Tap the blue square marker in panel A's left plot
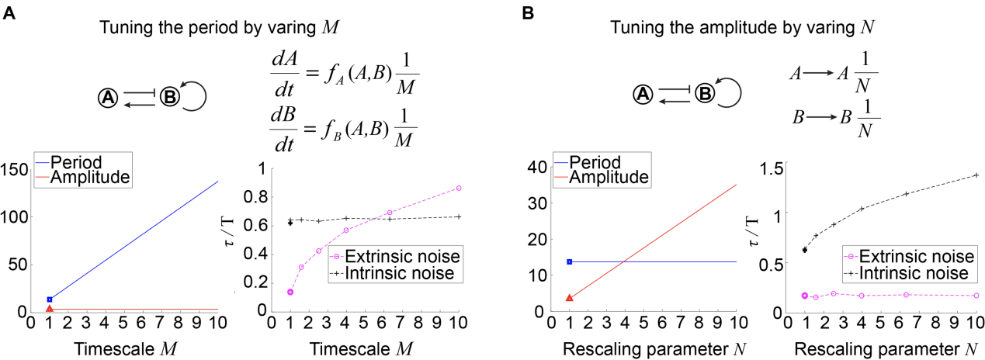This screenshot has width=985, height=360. tap(50, 299)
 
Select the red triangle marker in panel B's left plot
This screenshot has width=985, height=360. tap(570, 297)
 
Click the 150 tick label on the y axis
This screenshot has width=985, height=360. tap(14, 169)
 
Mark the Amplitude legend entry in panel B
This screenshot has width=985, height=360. tap(609, 178)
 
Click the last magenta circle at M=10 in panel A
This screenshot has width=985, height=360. tap(459, 188)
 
